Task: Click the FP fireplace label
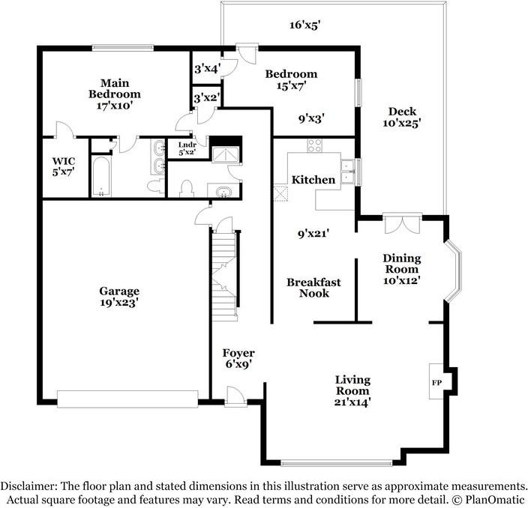click(436, 383)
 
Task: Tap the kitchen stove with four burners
click(314, 145)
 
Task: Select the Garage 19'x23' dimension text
click(119, 303)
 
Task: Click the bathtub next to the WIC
click(101, 177)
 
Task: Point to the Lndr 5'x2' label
click(187, 148)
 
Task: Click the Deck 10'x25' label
click(402, 117)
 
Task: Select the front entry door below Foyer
click(235, 397)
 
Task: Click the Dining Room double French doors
click(403, 223)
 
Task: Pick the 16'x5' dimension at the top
click(304, 25)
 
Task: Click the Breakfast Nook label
click(313, 288)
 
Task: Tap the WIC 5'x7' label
click(63, 166)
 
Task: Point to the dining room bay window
click(453, 270)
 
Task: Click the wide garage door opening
click(127, 399)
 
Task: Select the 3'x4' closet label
click(208, 69)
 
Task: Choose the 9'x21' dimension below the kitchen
click(313, 233)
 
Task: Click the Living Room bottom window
click(337, 463)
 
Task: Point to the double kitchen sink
click(349, 172)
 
